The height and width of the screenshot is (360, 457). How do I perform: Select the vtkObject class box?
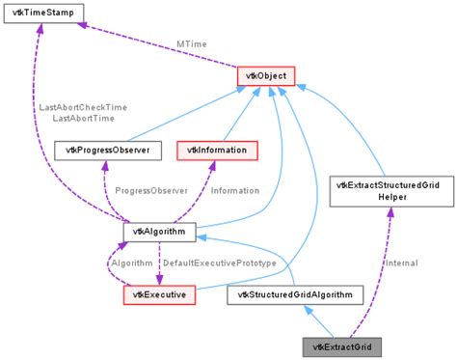pyautogui.click(x=265, y=75)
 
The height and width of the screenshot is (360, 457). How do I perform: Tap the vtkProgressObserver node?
pyautogui.click(x=100, y=150)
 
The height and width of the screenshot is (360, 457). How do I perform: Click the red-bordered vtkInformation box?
pyautogui.click(x=217, y=150)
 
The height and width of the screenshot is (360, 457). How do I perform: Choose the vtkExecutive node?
pyautogui.click(x=159, y=293)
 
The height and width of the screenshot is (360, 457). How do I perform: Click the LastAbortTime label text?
pyautogui.click(x=83, y=118)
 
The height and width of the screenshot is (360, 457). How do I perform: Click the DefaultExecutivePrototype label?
pyautogui.click(x=219, y=263)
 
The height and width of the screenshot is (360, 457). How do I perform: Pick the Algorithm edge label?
pyautogui.click(x=131, y=263)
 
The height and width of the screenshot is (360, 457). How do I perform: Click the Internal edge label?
pyautogui.click(x=401, y=263)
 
